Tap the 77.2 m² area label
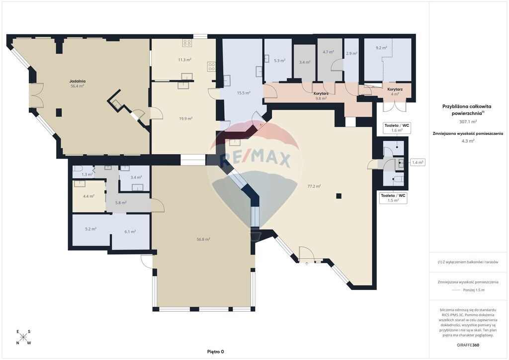click(x=314, y=186)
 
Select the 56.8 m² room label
click(x=203, y=239)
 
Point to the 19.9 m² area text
click(x=186, y=118)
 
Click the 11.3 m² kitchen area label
click(x=184, y=60)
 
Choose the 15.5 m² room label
click(x=244, y=93)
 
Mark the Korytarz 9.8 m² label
click(x=321, y=96)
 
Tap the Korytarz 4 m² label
click(x=395, y=91)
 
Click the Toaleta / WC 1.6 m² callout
click(x=397, y=128)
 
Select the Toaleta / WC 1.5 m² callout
click(x=393, y=198)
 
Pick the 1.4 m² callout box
click(x=418, y=162)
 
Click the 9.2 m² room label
click(x=381, y=48)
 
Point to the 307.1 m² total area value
click(x=468, y=122)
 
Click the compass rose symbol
click(x=23, y=337)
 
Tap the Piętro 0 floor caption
click(x=216, y=352)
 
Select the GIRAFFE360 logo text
click(x=467, y=345)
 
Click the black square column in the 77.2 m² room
click(x=339, y=196)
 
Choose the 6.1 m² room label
click(x=130, y=231)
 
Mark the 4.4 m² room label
click(x=88, y=196)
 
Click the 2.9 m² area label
click(x=351, y=54)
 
